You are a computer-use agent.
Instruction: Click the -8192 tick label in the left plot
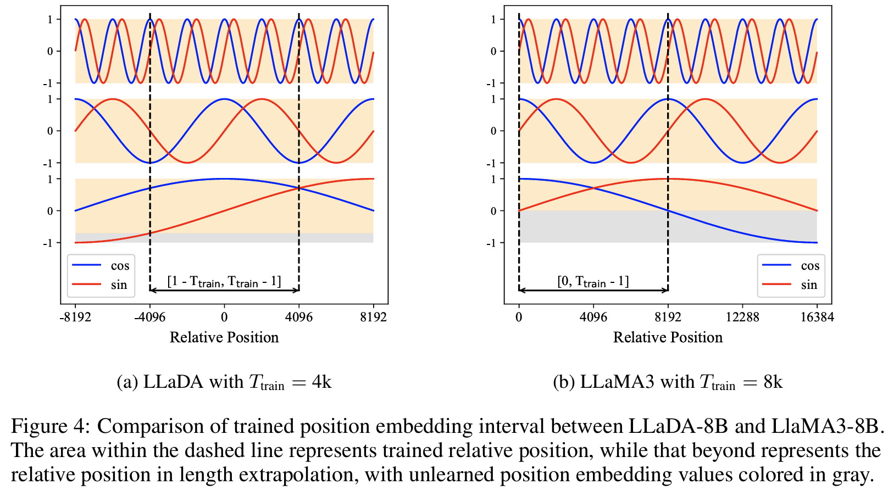(75, 317)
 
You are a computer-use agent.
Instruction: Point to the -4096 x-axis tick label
(149, 317)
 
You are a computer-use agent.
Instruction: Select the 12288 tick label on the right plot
(742, 317)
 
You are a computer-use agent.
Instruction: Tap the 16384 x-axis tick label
(817, 317)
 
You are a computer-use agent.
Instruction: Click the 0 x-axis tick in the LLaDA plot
(224, 317)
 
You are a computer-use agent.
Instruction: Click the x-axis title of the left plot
(224, 337)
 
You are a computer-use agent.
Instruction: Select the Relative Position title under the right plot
(668, 337)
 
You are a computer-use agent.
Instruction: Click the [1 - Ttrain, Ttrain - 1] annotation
(224, 282)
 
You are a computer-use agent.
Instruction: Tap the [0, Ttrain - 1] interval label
(593, 282)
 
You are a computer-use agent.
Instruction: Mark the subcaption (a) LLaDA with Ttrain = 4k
(224, 382)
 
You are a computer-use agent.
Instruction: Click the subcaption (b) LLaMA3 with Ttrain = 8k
(668, 382)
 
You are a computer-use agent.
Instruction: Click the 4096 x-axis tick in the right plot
(593, 317)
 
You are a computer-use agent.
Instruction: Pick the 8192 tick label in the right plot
(668, 317)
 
